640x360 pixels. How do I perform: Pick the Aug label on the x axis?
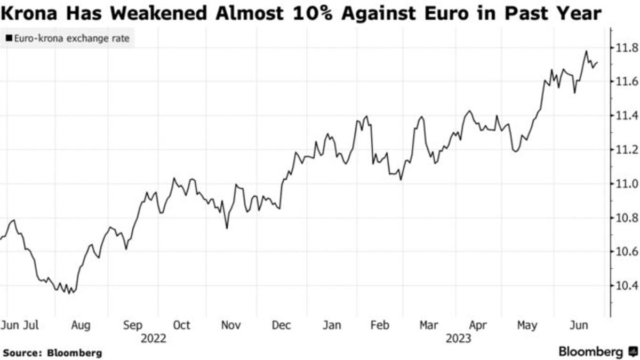[x=81, y=325]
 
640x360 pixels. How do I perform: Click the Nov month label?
[x=231, y=325]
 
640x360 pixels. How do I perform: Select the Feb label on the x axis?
[x=379, y=325]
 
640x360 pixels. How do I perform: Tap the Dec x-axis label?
[x=281, y=325]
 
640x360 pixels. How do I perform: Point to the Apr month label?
[x=478, y=325]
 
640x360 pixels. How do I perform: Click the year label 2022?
[x=154, y=338]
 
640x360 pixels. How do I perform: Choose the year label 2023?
[x=458, y=338]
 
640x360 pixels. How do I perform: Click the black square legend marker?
[x=9, y=38]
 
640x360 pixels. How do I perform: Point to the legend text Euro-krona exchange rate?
[x=71, y=38]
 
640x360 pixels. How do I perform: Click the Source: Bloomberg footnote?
[x=52, y=353]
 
